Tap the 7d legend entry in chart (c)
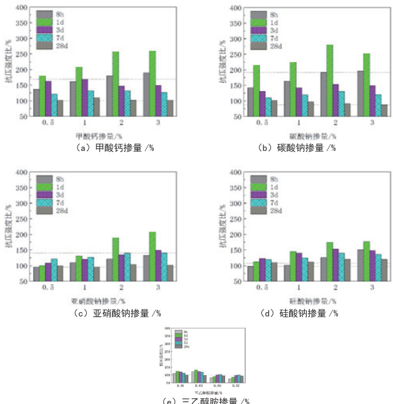tap(49, 203)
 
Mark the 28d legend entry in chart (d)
tap(265, 211)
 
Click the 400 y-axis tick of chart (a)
tap(21, 8)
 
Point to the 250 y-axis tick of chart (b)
tap(237, 55)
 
